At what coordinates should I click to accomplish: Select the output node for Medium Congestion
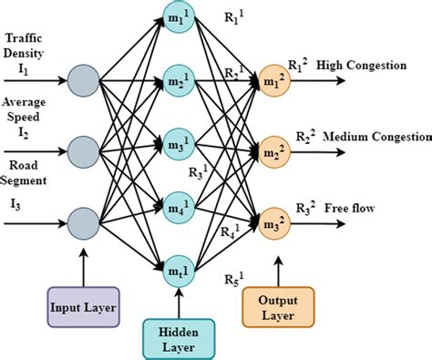coord(273,149)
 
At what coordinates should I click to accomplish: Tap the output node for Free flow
coord(273,219)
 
